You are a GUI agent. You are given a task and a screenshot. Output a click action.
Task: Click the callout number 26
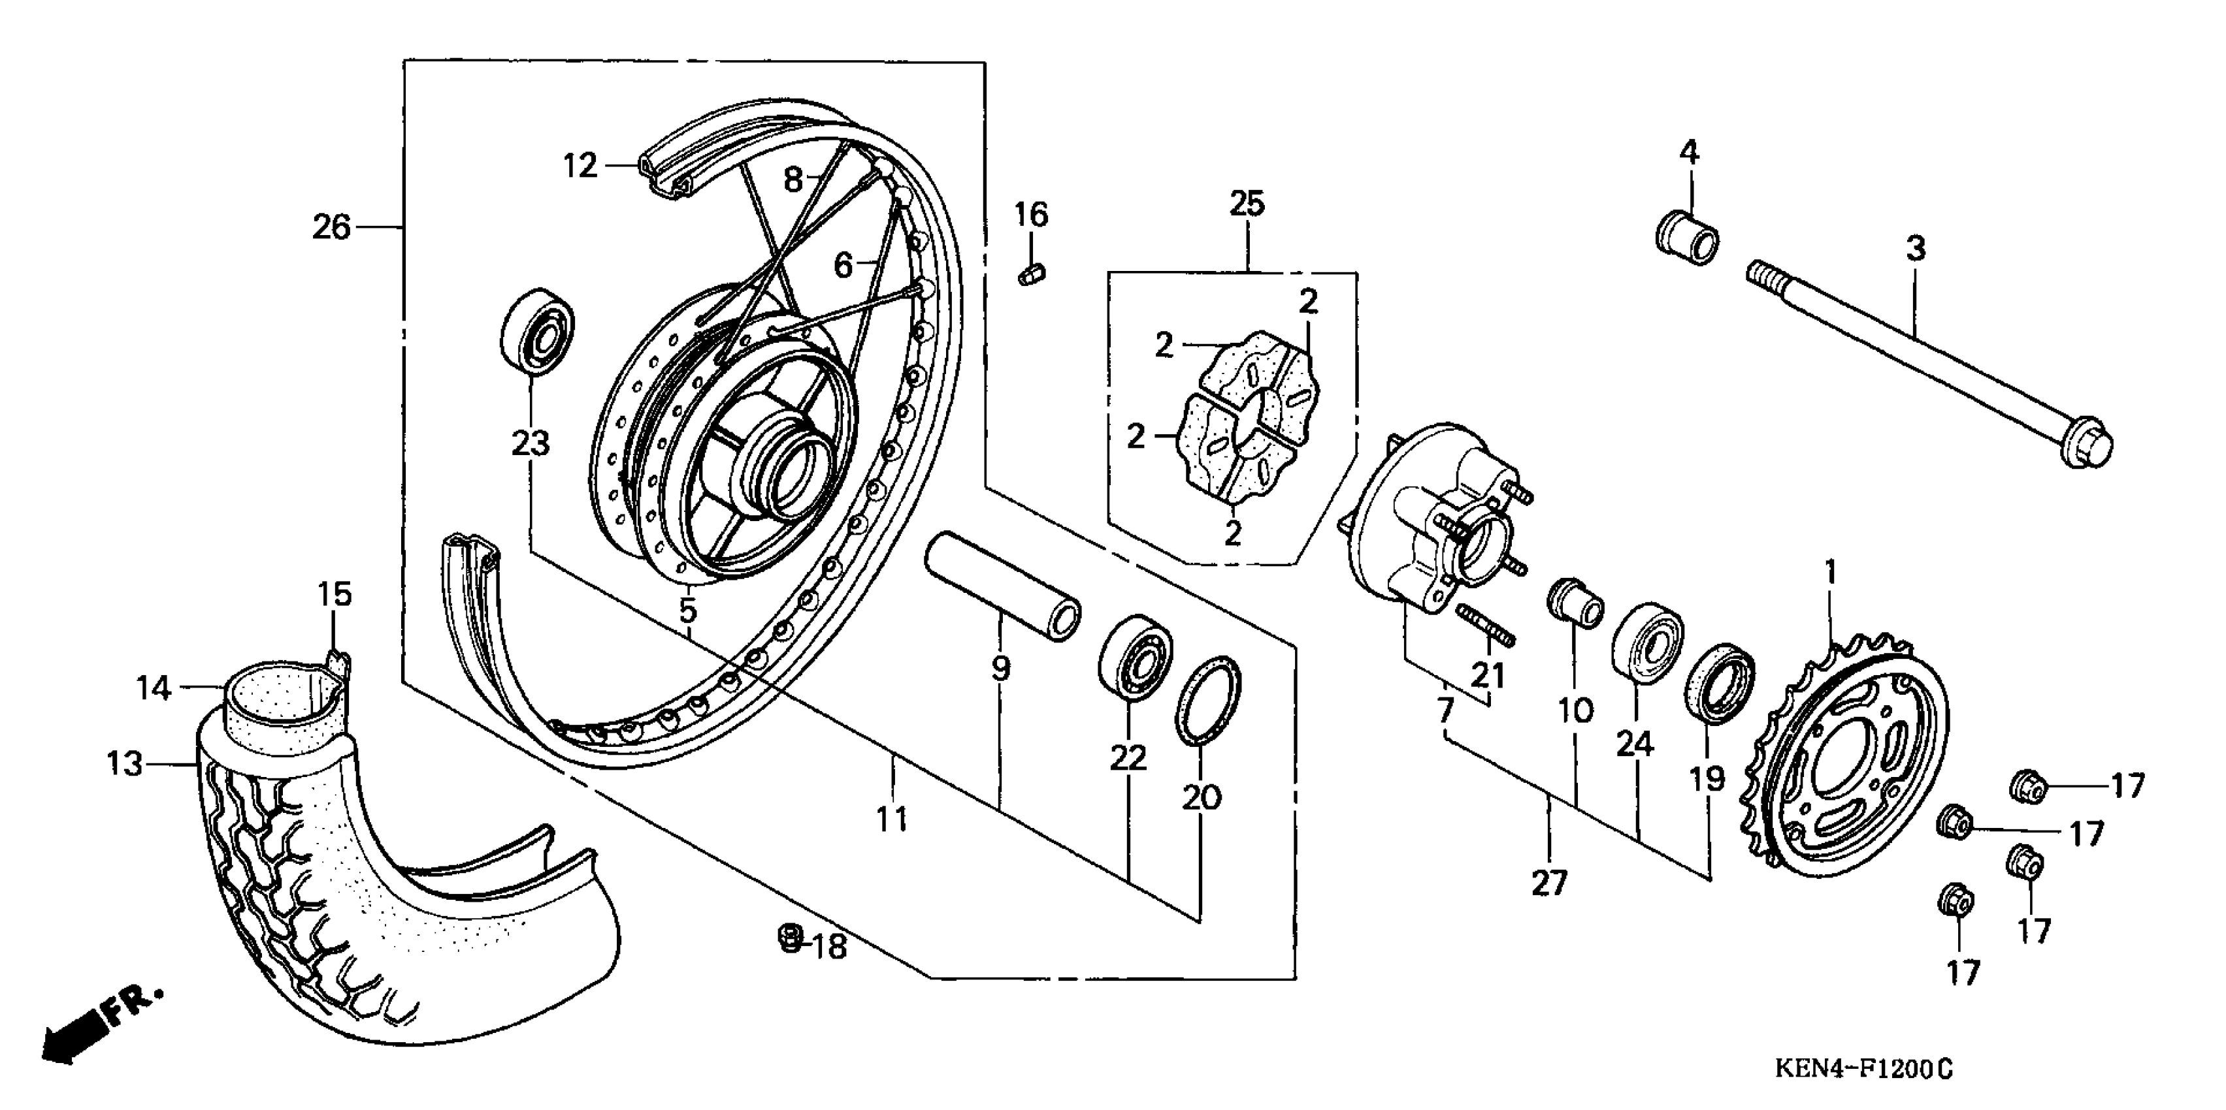[332, 228]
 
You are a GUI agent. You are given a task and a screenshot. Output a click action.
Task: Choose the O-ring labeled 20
[1207, 699]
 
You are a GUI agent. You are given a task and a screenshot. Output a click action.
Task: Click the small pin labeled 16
[1031, 274]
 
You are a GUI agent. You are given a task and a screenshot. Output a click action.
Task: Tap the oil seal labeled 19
[1720, 680]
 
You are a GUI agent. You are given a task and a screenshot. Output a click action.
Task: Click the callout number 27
[1548, 883]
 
